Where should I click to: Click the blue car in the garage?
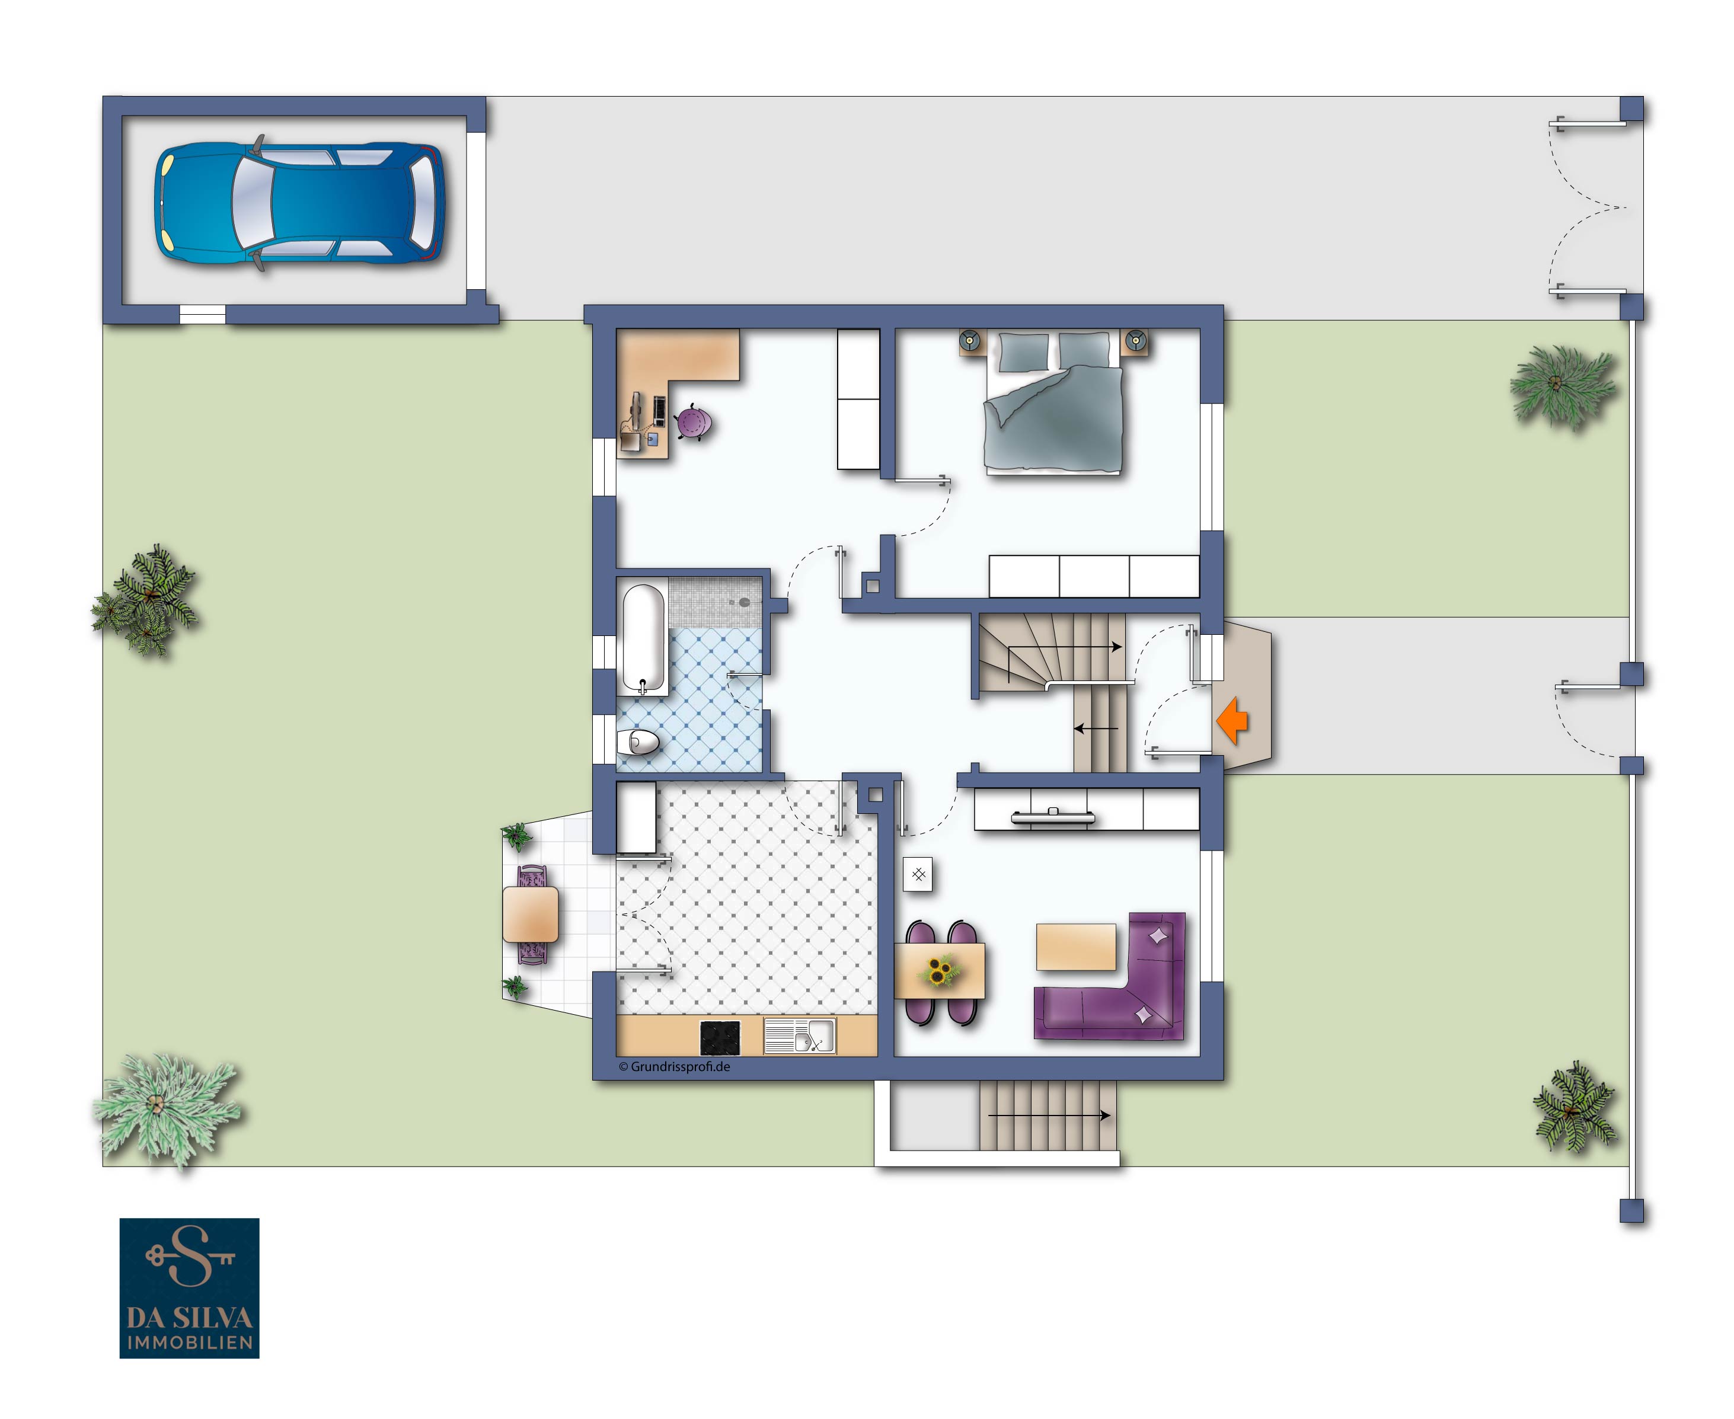coord(300,203)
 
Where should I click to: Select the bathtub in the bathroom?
coord(643,638)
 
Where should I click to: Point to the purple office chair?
coord(692,423)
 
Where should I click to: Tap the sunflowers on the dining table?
coord(940,971)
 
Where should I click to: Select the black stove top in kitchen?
coord(720,1037)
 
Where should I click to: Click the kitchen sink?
coord(800,1035)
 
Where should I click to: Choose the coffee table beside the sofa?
coord(1076,947)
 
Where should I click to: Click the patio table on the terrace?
coord(531,915)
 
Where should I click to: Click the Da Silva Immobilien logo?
coord(190,1287)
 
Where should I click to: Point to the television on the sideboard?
coord(1053,815)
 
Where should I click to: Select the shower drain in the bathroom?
coord(744,602)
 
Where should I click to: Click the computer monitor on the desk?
coord(636,411)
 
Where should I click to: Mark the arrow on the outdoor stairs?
coord(1049,1115)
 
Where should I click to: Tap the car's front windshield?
coord(251,203)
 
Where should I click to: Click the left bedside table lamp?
coord(970,339)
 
